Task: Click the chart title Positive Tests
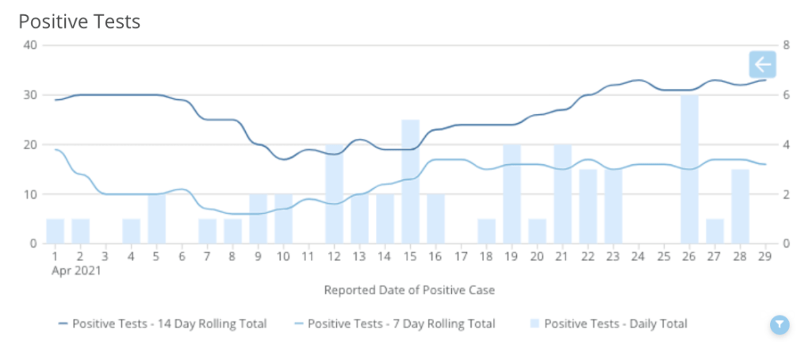[x=79, y=21]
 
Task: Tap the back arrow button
[x=762, y=64]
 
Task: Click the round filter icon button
[x=779, y=324]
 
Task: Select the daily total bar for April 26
[x=689, y=169]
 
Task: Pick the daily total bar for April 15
[x=410, y=182]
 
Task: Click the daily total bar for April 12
[x=334, y=194]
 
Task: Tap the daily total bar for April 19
[x=511, y=194]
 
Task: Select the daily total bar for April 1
[x=55, y=231]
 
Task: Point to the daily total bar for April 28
[x=740, y=206]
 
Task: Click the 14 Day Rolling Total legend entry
[x=163, y=324]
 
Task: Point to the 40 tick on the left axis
[x=30, y=45]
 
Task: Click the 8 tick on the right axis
[x=786, y=45]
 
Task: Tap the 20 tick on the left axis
[x=30, y=144]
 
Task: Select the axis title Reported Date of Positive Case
[x=409, y=290]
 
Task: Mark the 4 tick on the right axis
[x=786, y=144]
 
